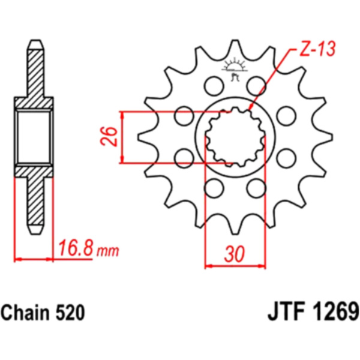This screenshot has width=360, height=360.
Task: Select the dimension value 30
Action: [235, 254]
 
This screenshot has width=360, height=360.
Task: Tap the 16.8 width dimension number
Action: [76, 248]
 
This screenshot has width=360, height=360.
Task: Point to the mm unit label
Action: [107, 251]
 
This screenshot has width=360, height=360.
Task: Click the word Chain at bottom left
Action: [25, 313]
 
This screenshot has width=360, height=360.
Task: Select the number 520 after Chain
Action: [70, 313]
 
